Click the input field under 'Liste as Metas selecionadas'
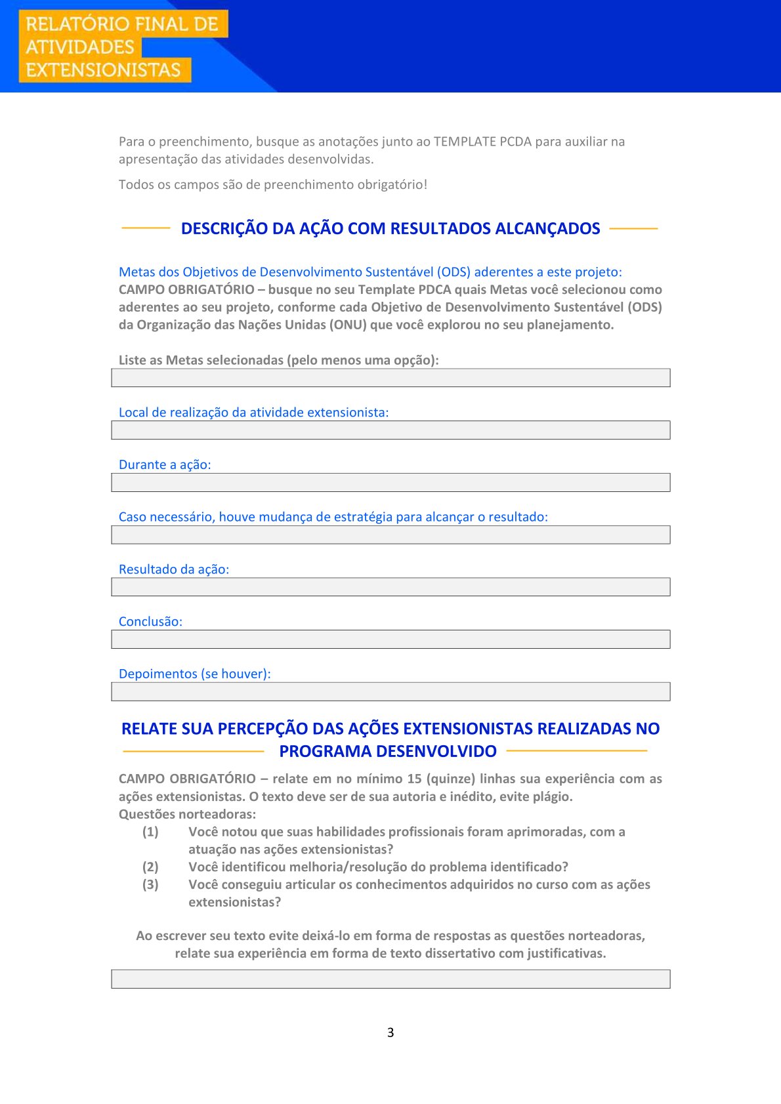coord(390,378)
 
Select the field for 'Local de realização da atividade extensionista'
coord(390,430)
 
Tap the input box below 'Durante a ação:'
coord(390,483)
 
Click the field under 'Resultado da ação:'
coord(390,587)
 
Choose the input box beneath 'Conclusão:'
coord(390,640)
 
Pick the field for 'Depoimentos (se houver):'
coord(390,692)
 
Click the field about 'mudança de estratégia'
coord(390,535)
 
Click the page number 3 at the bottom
coord(390,1032)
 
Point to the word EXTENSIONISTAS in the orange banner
coord(103,70)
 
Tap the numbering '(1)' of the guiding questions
coord(150,832)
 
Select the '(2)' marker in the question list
coord(150,867)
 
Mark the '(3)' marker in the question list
coord(150,885)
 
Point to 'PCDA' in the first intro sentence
coord(515,142)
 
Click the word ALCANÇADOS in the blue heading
coord(547,229)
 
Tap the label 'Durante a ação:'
coord(165,465)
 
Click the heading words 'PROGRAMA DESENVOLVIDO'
coord(388,752)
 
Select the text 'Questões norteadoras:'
coord(187,815)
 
